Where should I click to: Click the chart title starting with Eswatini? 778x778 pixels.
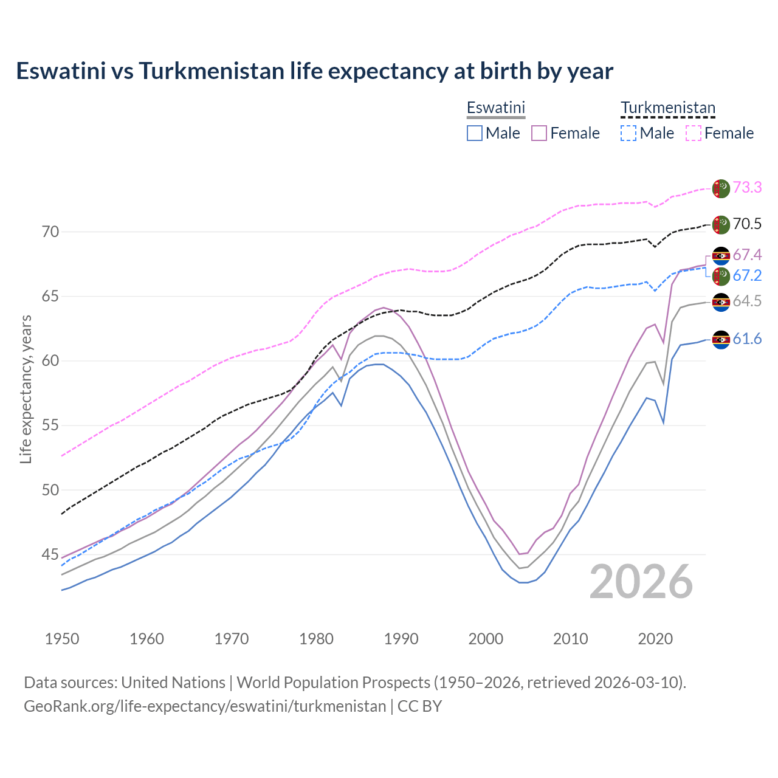(314, 71)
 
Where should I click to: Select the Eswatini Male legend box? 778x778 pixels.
(475, 133)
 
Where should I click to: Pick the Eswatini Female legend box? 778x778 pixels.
(539, 133)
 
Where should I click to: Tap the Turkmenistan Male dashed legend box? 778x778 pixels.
(628, 133)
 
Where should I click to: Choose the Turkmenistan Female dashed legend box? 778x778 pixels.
(693, 133)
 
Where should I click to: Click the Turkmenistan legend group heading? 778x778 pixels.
(667, 108)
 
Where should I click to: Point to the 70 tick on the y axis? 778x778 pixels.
(50, 232)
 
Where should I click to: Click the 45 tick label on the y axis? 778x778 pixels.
(50, 554)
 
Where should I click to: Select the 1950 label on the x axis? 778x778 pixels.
(62, 639)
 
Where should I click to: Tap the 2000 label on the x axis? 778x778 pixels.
(486, 639)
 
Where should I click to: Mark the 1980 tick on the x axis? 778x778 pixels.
(316, 639)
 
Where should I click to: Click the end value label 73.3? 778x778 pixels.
(747, 188)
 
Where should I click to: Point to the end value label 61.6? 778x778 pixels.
(747, 339)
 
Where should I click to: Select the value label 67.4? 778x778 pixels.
(747, 255)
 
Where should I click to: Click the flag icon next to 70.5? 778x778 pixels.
(721, 224)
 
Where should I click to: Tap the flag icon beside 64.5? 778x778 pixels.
(721, 302)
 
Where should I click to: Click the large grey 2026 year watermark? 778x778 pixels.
(641, 582)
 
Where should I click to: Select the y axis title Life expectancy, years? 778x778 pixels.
(26, 389)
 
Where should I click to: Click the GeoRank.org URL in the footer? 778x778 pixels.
(205, 706)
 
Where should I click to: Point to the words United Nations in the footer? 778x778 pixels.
(173, 683)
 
